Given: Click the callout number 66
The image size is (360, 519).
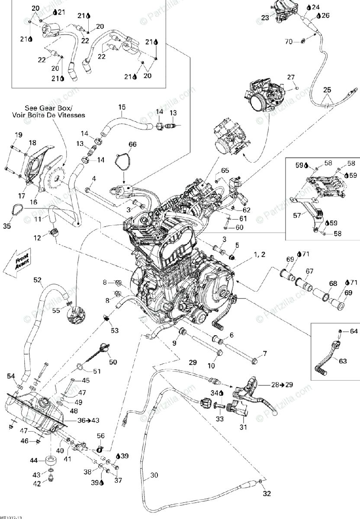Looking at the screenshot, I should (132, 144).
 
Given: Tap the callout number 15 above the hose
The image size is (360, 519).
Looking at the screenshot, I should (122, 107).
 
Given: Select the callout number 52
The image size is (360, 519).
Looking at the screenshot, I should (39, 280).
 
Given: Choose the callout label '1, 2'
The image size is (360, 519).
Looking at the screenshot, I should (260, 255).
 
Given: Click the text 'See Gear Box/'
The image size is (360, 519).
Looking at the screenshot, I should (48, 108).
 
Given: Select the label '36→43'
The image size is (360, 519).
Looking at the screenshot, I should (88, 420).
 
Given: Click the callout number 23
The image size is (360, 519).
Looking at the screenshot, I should (265, 18).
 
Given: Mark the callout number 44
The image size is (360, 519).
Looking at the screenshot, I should (34, 460).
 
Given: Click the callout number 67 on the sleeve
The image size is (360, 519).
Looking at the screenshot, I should (309, 271).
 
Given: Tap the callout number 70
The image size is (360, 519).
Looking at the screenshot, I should (289, 42).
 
